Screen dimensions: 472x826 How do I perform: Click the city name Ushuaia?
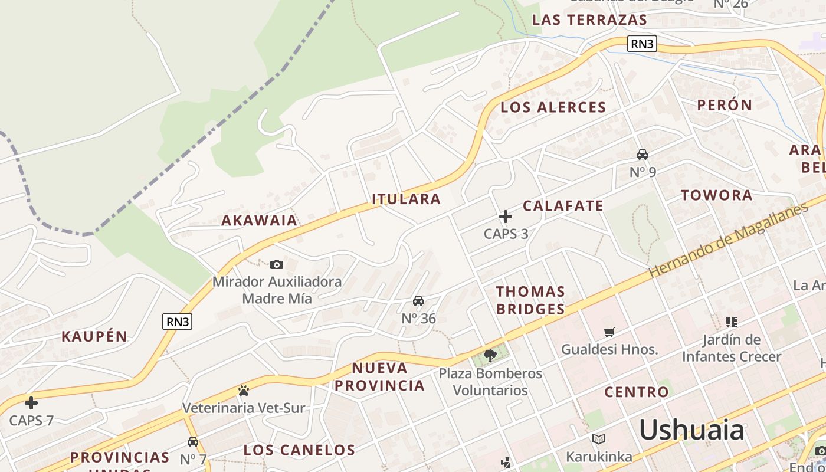click(691, 430)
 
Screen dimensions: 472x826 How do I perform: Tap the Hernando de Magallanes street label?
click(728, 241)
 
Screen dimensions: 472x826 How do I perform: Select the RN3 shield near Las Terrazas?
click(642, 44)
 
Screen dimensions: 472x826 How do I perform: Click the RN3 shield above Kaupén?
click(177, 322)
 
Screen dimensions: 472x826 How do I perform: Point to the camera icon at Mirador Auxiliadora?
click(276, 264)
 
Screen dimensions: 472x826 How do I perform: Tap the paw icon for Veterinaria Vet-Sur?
click(243, 390)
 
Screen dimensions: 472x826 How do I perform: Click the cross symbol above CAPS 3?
click(506, 217)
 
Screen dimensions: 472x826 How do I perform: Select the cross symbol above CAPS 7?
click(31, 403)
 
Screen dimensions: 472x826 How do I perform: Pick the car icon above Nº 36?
click(418, 301)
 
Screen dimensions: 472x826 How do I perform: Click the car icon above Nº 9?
click(643, 155)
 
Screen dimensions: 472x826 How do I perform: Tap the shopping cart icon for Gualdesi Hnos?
click(609, 332)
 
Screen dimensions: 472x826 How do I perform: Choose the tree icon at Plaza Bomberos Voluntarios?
click(490, 355)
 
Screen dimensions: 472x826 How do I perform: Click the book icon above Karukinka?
click(598, 440)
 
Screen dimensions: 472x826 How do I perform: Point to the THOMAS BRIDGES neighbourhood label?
click(530, 300)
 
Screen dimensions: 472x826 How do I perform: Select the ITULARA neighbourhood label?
click(407, 199)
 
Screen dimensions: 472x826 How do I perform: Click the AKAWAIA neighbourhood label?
click(259, 221)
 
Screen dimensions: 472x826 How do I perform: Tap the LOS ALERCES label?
click(553, 107)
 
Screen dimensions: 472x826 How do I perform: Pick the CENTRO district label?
click(637, 392)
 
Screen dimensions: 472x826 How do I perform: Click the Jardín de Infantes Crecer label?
click(732, 348)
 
